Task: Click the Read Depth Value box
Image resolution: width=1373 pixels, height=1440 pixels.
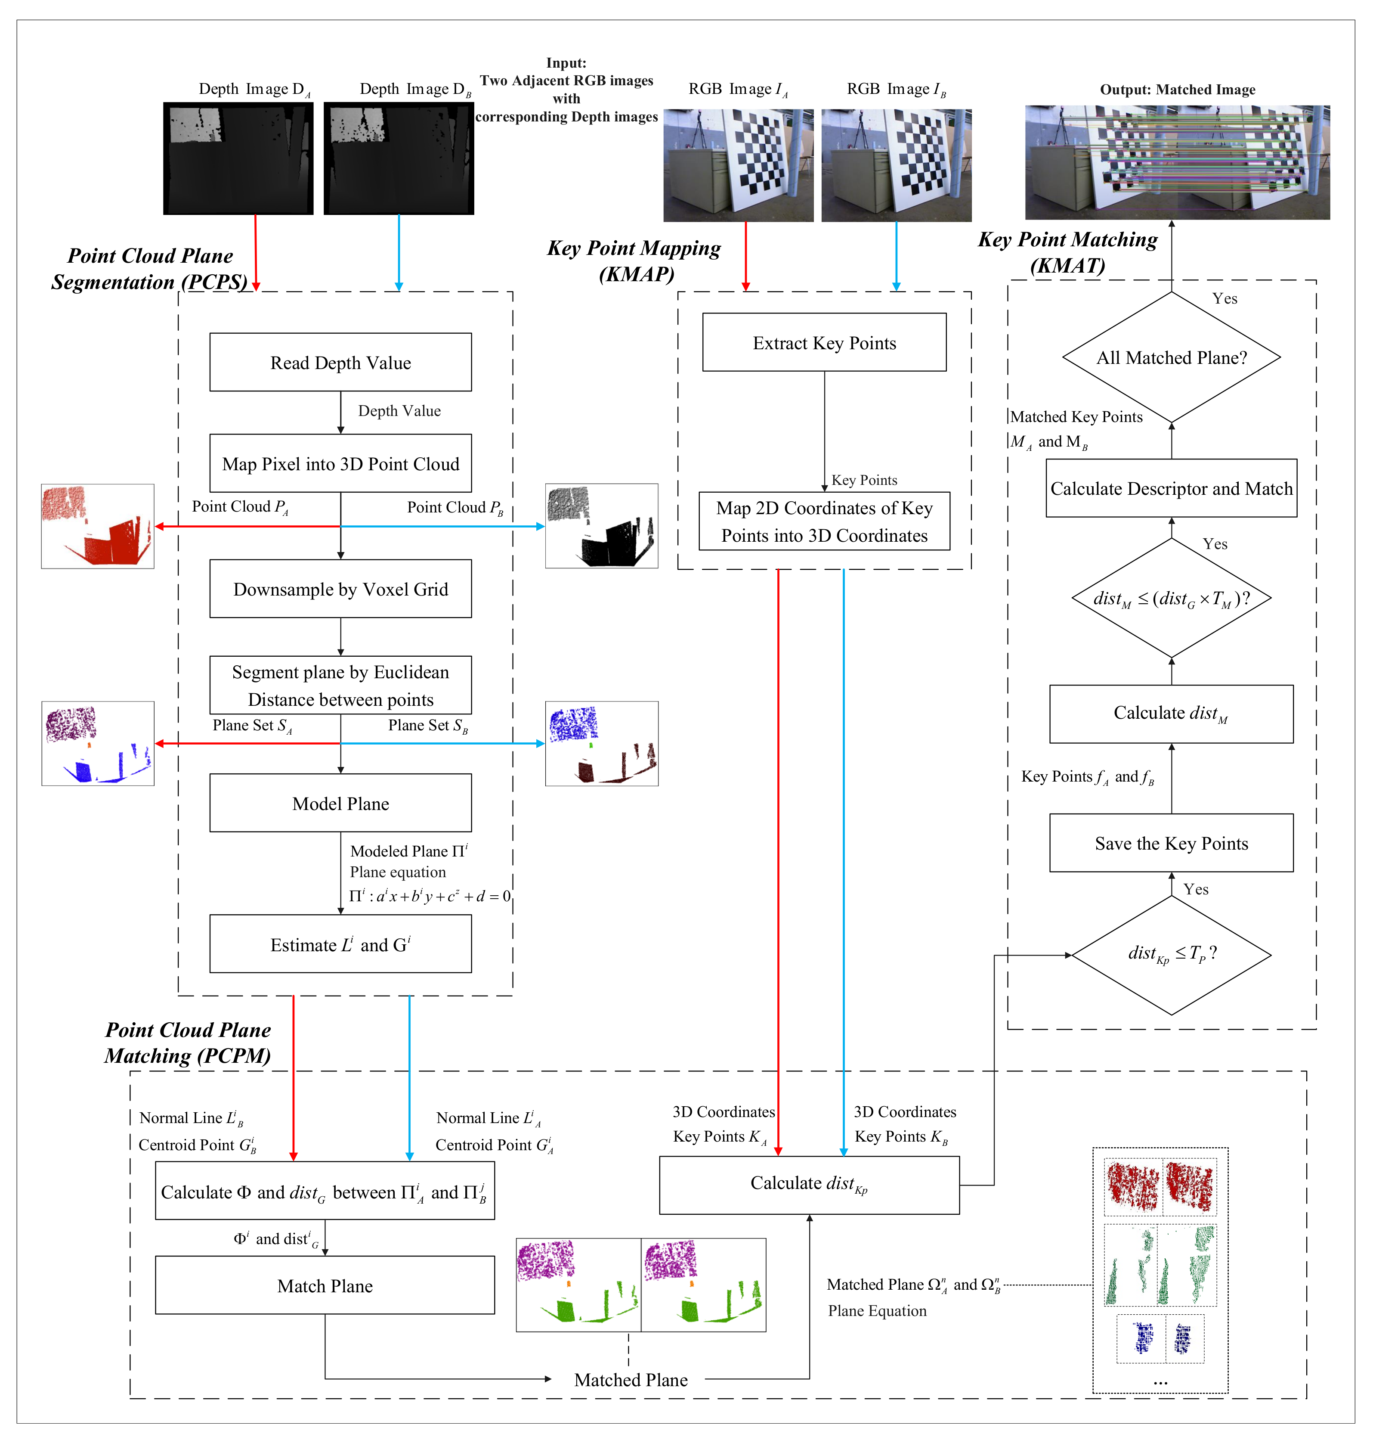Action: pyautogui.click(x=340, y=363)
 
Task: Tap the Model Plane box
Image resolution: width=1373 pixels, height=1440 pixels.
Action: pyautogui.click(x=340, y=803)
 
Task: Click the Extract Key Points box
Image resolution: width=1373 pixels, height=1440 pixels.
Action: pyautogui.click(x=824, y=343)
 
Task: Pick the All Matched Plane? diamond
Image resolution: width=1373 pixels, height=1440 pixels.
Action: pyautogui.click(x=1171, y=357)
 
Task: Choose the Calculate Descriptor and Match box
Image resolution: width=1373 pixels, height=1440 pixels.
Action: pyautogui.click(x=1171, y=488)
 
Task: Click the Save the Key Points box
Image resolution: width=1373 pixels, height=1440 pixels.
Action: pyautogui.click(x=1171, y=843)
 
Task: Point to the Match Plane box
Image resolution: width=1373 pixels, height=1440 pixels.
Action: pyautogui.click(x=325, y=1285)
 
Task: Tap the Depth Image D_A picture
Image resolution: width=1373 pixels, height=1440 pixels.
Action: pyautogui.click(x=238, y=158)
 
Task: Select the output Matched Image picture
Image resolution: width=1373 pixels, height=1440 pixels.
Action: pyautogui.click(x=1177, y=162)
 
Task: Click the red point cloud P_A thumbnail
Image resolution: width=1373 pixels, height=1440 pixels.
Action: pyautogui.click(x=97, y=526)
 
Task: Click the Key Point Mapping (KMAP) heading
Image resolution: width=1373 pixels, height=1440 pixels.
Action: pyautogui.click(x=634, y=261)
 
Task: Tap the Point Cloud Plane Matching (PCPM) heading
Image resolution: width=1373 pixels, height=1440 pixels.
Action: pyautogui.click(x=188, y=1043)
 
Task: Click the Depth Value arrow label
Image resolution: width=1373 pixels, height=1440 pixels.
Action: pyautogui.click(x=399, y=411)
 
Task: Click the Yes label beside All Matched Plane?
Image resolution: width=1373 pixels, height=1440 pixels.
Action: pyautogui.click(x=1225, y=299)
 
